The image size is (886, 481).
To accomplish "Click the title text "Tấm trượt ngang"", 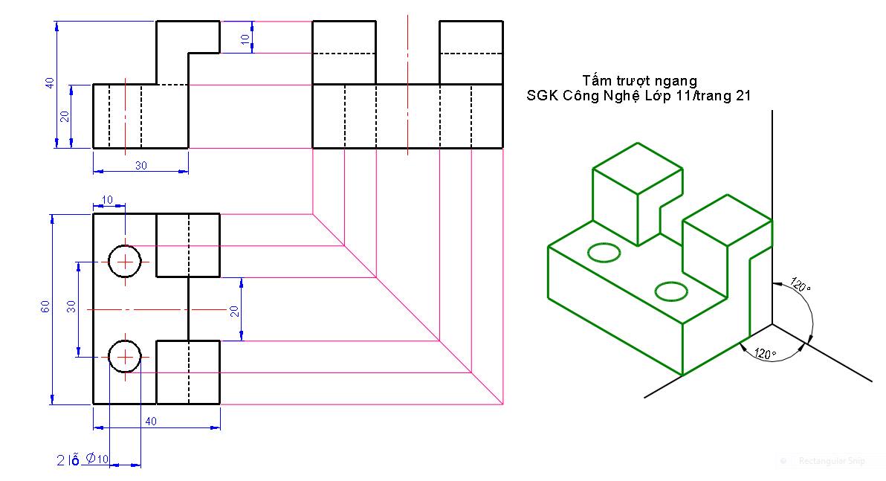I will point(639,80).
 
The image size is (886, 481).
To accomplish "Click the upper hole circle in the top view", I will point(125,262).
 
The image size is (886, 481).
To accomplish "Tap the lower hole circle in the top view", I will point(125,357).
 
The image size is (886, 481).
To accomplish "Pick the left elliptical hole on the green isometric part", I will point(604,253).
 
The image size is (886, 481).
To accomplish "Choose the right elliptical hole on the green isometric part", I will point(671,291).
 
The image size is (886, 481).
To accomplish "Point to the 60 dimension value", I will point(45,308).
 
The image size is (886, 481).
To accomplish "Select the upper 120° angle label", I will point(800,285).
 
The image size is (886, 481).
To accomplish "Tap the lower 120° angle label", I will point(765,353).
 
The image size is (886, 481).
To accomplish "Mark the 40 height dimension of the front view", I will point(50,83).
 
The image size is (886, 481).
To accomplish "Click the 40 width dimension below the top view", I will point(151,422).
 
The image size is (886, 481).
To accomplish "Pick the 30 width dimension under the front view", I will point(140,166).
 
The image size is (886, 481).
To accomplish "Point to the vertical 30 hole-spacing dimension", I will point(71,308).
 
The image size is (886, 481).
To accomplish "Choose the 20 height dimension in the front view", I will point(65,116).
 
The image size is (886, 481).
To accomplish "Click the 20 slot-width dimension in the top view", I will point(235,311).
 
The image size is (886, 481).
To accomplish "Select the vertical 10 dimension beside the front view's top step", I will point(246,39).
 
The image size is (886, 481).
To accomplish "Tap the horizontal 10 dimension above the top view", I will point(109,201).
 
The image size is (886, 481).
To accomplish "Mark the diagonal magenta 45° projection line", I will point(407,309).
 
